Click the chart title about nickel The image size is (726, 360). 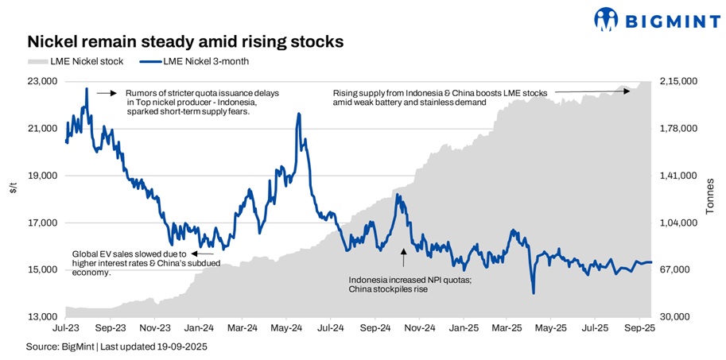pos(185,41)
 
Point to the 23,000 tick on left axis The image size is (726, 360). pos(42,81)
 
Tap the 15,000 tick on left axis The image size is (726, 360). pos(42,269)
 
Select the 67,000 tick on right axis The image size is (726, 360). pos(674,269)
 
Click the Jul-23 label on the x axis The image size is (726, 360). pos(66,327)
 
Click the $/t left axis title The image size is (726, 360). pos(13,187)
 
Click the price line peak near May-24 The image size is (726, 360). pos(298,114)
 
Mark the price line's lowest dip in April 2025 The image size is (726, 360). pos(533,292)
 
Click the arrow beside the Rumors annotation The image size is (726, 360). pos(107,93)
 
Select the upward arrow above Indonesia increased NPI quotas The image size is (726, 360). pos(403,257)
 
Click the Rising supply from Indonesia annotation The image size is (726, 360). pos(440,98)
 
